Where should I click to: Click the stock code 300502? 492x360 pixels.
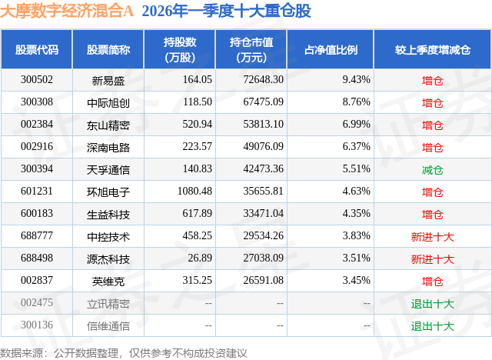click(x=37, y=79)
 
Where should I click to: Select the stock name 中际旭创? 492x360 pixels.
click(x=108, y=102)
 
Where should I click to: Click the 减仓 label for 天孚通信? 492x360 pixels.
click(x=433, y=169)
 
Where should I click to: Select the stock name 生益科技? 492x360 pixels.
click(x=108, y=214)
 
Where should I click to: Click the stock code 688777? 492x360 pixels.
click(x=37, y=236)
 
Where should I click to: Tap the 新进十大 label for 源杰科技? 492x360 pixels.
click(x=433, y=258)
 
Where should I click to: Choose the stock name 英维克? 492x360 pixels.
click(x=108, y=282)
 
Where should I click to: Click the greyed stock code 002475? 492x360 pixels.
click(x=37, y=303)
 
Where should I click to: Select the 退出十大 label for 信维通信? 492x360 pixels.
click(x=433, y=325)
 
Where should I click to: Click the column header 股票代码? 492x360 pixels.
click(x=37, y=49)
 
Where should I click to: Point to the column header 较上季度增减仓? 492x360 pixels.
click(x=433, y=49)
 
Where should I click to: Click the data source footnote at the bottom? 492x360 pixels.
click(x=124, y=352)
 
